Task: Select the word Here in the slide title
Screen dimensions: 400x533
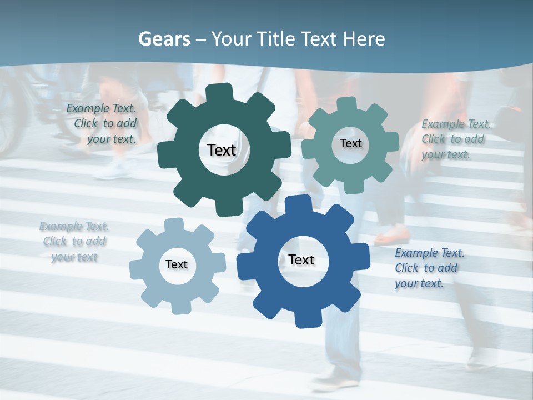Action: (x=364, y=39)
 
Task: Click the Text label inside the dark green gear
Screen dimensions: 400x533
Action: (x=222, y=150)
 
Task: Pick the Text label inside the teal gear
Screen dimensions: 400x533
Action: (x=350, y=143)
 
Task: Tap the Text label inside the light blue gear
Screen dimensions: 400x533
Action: (x=177, y=264)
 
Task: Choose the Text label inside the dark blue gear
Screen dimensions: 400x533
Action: (x=301, y=259)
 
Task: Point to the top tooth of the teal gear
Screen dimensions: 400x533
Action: (x=348, y=104)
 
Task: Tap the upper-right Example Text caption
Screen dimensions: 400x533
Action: (x=455, y=139)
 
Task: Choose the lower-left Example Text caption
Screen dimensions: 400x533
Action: (x=74, y=242)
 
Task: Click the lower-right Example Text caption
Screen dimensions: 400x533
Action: (x=429, y=268)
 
